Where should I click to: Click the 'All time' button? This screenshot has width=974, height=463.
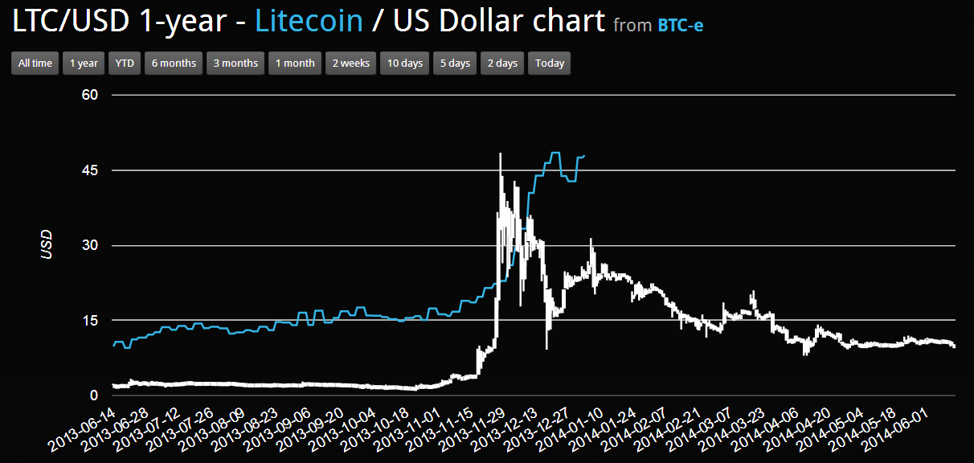coord(35,64)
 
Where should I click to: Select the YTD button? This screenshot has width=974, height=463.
coord(124,64)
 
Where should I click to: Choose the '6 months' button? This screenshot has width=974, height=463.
coord(174,64)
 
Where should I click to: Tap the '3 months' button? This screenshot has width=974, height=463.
coord(235,64)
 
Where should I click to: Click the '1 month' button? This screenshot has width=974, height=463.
coord(295,64)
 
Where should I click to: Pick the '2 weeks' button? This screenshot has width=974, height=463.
coord(351,64)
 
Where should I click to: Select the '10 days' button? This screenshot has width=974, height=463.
coord(404,64)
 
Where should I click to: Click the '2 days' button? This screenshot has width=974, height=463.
coord(502,64)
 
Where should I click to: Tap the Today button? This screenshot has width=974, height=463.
coord(550,64)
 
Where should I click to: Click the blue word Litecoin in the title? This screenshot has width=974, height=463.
coord(309,21)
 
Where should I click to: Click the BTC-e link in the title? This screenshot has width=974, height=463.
coord(680,25)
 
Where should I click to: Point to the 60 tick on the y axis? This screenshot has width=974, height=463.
coord(89,95)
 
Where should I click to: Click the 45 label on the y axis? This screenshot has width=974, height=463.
coord(89,170)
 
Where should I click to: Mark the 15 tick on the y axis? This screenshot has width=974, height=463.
coord(89,321)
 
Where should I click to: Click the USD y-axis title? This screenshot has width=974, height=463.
coord(47,245)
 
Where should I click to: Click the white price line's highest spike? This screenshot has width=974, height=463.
coord(500,154)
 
